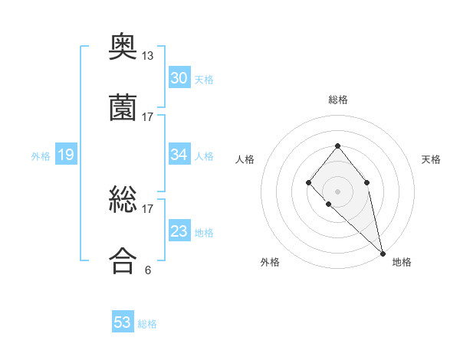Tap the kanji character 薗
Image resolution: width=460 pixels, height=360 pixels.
(123, 109)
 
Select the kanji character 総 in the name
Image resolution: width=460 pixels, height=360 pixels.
(123, 201)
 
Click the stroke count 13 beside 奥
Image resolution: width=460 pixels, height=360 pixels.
(148, 56)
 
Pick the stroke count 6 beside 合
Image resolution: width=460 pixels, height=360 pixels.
(148, 270)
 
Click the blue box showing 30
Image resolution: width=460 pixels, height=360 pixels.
(179, 78)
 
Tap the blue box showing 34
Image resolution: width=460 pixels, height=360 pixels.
(179, 155)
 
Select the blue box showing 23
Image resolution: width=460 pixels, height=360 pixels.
(179, 231)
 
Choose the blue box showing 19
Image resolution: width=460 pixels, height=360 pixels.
(66, 155)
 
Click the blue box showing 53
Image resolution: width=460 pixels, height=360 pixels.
(123, 322)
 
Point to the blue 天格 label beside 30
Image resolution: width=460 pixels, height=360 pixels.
(204, 80)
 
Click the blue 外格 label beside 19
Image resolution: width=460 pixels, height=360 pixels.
(41, 156)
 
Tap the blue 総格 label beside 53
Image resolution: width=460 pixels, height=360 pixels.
(147, 324)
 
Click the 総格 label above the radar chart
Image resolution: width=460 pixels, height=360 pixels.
(338, 100)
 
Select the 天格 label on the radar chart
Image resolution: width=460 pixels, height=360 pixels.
(431, 159)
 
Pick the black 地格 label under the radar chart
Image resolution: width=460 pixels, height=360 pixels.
(402, 262)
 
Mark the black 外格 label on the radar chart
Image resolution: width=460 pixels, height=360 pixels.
(270, 262)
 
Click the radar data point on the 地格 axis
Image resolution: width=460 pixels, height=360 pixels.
(383, 253)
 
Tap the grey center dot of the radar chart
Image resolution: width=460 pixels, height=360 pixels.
(337, 191)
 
